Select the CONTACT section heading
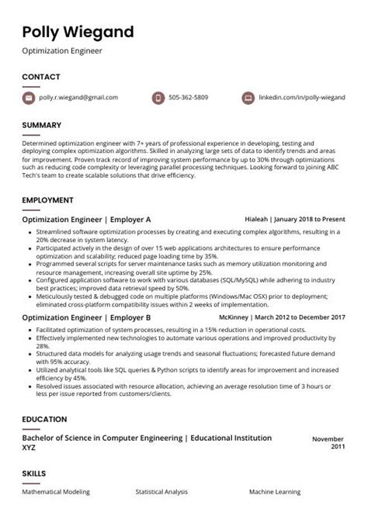[x=40, y=77]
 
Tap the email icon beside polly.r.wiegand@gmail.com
[x=29, y=98]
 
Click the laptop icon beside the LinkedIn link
[x=248, y=98]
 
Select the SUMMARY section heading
[x=42, y=125]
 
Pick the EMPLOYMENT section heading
[x=47, y=200]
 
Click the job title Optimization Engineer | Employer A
[x=86, y=220]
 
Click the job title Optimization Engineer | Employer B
[x=86, y=317]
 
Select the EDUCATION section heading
[x=44, y=419]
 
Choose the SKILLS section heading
[x=33, y=473]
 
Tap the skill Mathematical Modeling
[x=56, y=492]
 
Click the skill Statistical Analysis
[x=161, y=492]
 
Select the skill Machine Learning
[x=276, y=492]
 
